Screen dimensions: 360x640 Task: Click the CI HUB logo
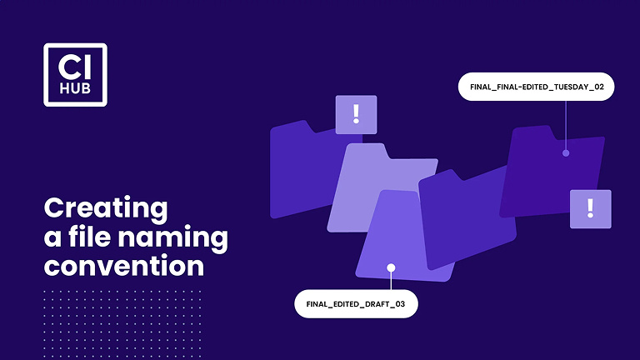(x=75, y=74)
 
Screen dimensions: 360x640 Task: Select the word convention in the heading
(x=123, y=267)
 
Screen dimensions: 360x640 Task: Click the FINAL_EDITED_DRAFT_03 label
(x=356, y=304)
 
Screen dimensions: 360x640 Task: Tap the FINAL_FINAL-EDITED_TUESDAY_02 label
(x=536, y=87)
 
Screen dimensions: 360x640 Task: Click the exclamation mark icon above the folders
(x=356, y=114)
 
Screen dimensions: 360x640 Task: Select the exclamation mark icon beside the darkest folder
(x=590, y=208)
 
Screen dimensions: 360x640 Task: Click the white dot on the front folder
(x=391, y=267)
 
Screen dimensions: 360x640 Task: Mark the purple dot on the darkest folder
(x=566, y=152)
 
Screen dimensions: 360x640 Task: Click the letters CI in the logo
(x=75, y=65)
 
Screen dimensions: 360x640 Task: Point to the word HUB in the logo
(x=75, y=88)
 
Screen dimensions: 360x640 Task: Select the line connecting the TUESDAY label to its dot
(x=566, y=125)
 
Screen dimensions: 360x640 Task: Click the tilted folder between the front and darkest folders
(x=462, y=217)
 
